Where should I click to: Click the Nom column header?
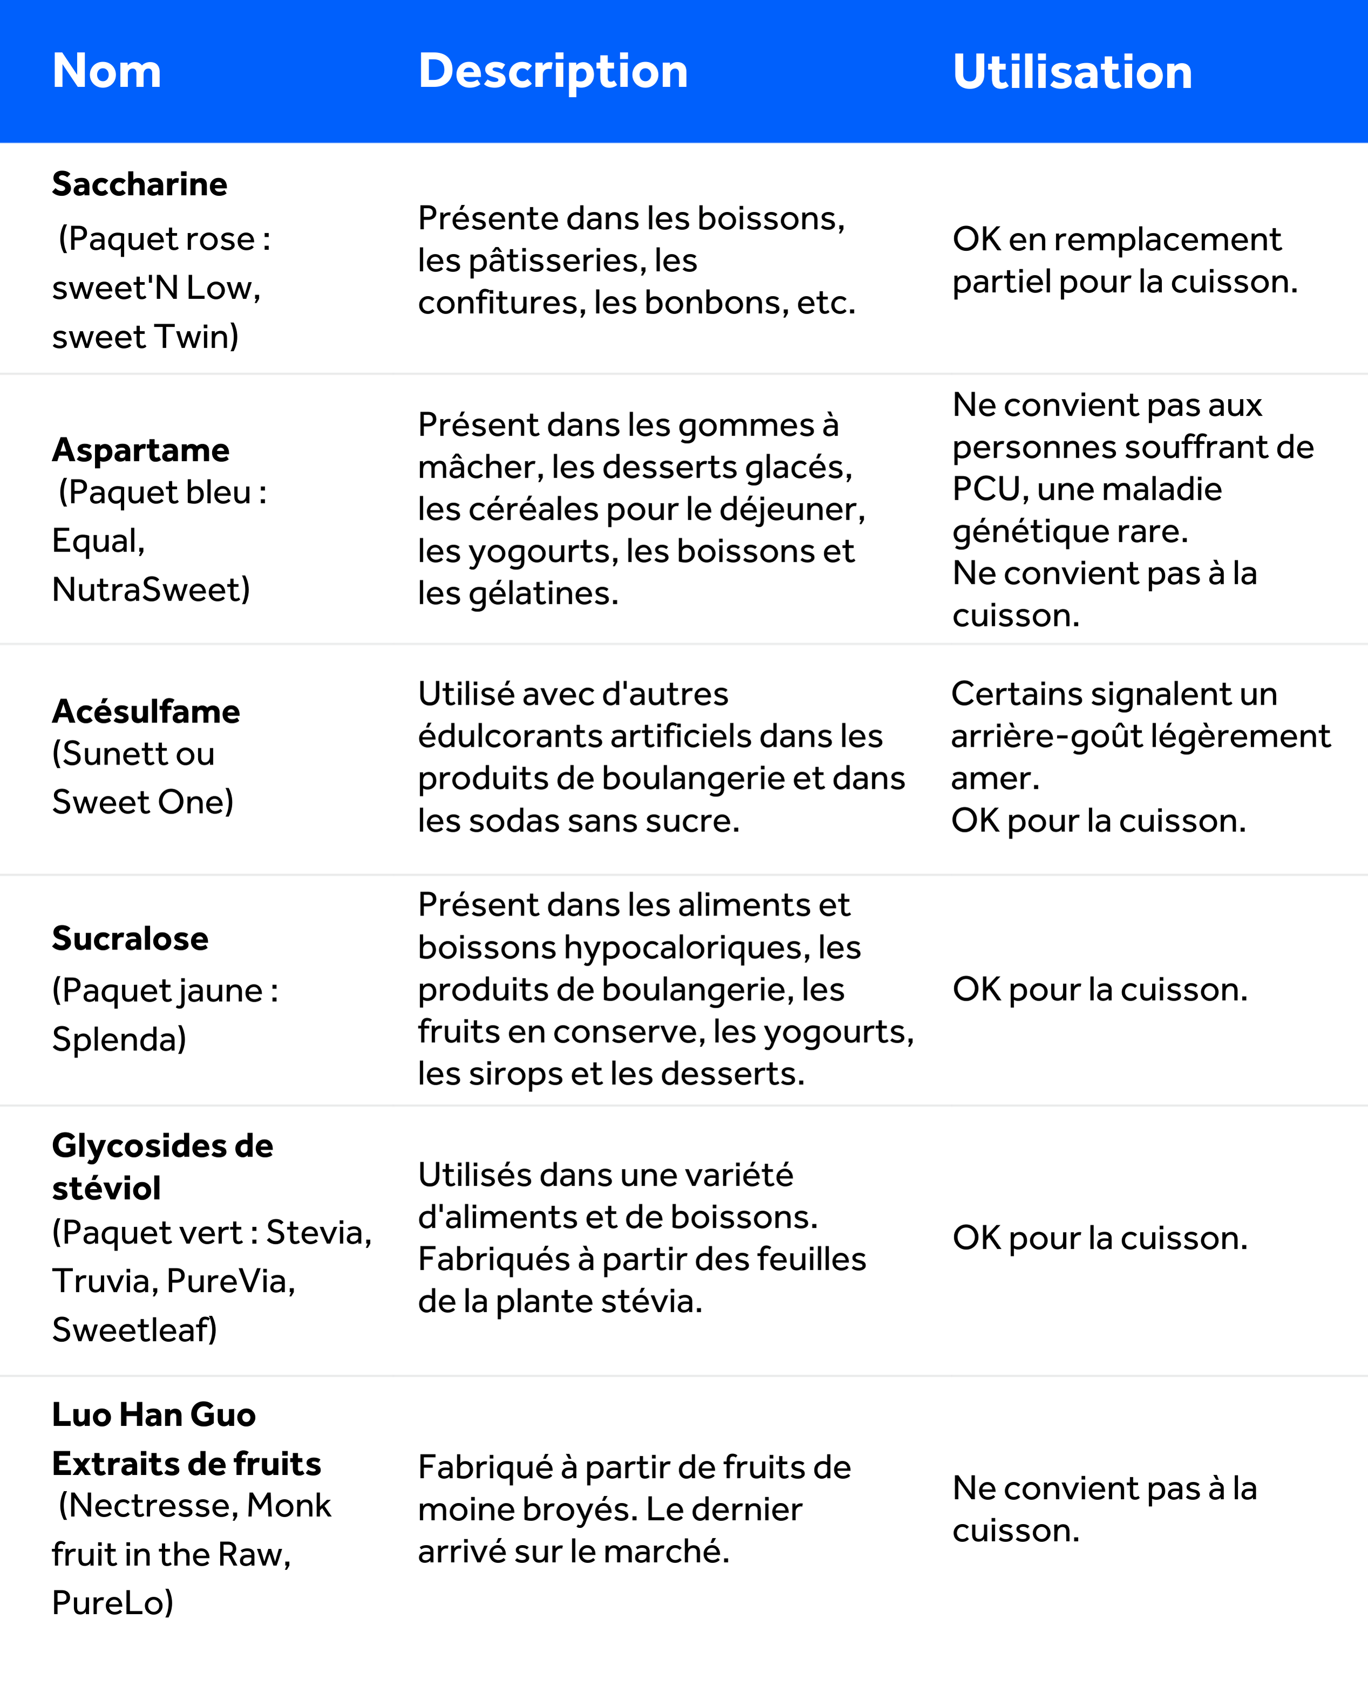tap(106, 71)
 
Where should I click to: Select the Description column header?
tap(552, 71)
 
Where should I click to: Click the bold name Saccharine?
tap(139, 185)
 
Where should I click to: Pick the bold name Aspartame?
tap(140, 450)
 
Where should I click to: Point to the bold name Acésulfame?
tap(146, 711)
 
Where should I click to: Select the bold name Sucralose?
tap(130, 939)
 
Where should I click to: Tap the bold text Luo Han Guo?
tap(154, 1415)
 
